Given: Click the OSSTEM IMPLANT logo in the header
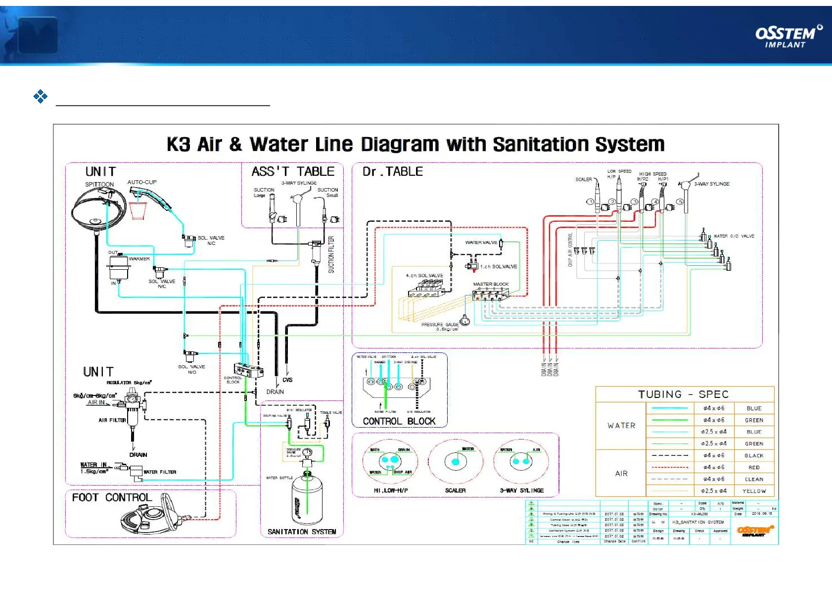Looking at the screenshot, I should click(788, 36).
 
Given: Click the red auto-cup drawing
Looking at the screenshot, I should click(138, 210).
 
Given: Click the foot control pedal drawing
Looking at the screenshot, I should click(151, 517).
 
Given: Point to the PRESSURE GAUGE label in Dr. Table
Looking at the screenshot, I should click(440, 325).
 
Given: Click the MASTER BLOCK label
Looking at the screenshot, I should click(490, 284).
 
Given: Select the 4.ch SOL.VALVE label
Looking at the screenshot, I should click(424, 275).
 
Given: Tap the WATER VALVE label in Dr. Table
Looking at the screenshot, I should click(481, 243).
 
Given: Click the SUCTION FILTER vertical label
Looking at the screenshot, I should click(331, 254).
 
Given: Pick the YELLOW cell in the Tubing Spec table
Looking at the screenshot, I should click(754, 491).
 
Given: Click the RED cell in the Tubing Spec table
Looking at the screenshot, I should click(754, 467).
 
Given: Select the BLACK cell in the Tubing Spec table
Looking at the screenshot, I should click(754, 455).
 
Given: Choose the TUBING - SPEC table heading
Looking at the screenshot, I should click(683, 394).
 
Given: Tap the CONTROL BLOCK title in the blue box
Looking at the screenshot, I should click(399, 421).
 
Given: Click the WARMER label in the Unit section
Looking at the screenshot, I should click(139, 259).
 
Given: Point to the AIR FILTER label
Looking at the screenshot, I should click(112, 420).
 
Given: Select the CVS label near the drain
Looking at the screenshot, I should click(287, 380).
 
